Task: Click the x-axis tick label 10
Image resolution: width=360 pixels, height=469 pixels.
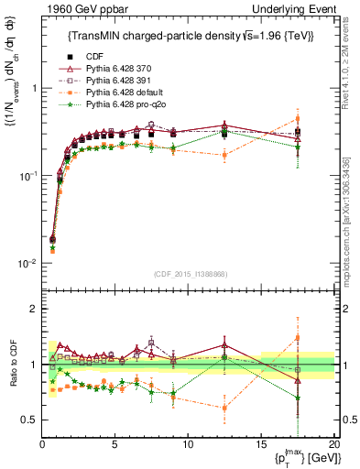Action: coord(188,444)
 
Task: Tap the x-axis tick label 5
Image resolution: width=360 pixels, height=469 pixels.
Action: coord(115,444)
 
